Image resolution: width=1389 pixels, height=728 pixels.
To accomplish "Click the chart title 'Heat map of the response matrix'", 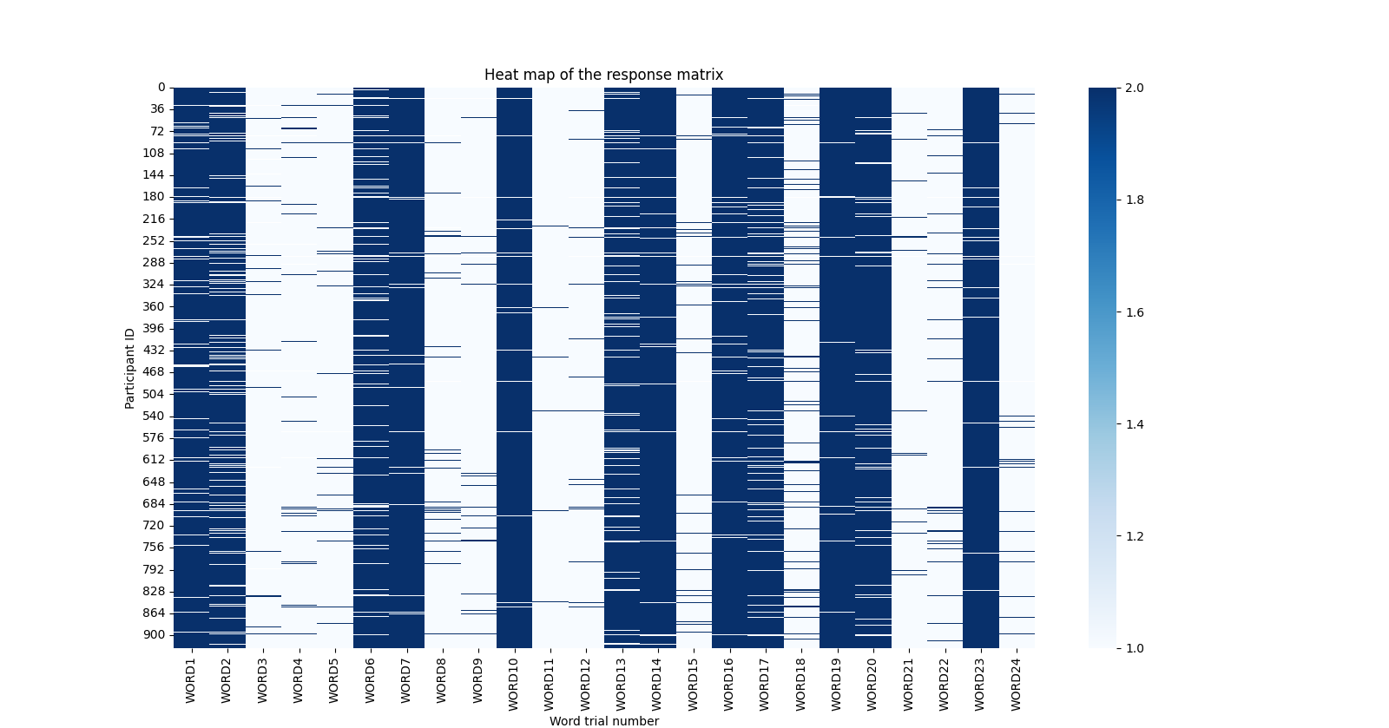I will pos(603,75).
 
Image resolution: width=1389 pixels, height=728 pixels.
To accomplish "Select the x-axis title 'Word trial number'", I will pos(603,721).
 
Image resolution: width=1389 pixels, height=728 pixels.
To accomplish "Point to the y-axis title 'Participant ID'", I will pos(130,368).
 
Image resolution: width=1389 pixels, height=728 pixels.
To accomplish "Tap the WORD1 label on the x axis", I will pos(191,681).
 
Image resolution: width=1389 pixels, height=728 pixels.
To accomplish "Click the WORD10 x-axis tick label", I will pos(513,684).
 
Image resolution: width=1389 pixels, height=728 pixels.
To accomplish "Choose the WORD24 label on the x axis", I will pos(1016,684).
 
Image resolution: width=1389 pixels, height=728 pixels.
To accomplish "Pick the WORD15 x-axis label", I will pos(693,684).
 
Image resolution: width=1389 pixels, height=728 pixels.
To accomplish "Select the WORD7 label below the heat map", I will pos(405,681).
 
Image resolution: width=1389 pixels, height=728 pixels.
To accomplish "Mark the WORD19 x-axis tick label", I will pos(836,684).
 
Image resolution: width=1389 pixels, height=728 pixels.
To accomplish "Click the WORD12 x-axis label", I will pos(585,684).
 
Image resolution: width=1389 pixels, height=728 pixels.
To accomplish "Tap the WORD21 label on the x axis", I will pos(908,684).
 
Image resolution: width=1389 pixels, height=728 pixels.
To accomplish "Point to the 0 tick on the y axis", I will pos(161,88).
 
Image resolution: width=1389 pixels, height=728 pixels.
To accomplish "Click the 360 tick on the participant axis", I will pos(154,307).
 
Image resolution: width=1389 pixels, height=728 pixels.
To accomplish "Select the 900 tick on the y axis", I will pos(154,635).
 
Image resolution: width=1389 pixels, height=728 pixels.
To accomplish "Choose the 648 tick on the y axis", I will pos(154,482).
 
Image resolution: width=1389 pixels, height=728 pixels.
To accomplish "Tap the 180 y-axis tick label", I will pos(154,197).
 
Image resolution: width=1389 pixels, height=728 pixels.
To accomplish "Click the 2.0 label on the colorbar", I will pos(1135,88).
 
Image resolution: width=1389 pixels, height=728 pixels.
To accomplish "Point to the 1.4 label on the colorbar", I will pos(1135,424).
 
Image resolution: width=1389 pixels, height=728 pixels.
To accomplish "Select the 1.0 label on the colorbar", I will pos(1135,648).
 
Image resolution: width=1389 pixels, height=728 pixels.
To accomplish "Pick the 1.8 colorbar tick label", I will pos(1135,200).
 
